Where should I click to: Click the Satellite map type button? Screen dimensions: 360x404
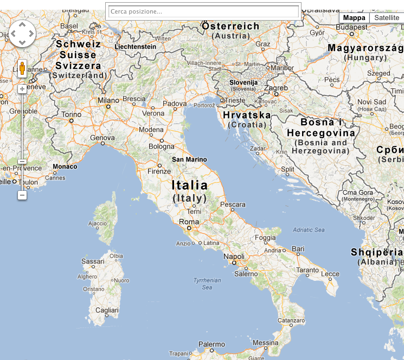tap(387, 18)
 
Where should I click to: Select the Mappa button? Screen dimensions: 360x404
tap(355, 18)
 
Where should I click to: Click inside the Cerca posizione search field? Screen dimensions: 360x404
tap(203, 11)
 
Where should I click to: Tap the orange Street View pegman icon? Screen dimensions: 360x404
tap(22, 68)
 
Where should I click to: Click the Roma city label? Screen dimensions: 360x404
tap(189, 222)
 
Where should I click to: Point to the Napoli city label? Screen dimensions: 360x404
tap(234, 256)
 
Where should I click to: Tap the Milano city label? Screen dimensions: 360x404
tap(108, 100)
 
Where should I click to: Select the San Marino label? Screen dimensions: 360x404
tap(189, 159)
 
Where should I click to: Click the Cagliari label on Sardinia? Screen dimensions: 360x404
tap(106, 310)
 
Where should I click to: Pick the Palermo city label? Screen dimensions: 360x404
tap(211, 344)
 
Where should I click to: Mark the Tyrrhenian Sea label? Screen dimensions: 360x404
tap(207, 284)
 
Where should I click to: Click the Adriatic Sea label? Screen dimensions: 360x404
tap(309, 230)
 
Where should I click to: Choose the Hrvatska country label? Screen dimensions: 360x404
tap(247, 115)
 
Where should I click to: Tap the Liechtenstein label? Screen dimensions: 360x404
tap(136, 47)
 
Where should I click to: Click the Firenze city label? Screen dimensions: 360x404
tap(159, 171)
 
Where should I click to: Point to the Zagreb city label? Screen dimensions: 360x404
tap(276, 88)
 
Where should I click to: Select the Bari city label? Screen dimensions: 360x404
tap(298, 249)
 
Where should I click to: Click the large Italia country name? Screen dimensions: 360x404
tap(190, 185)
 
